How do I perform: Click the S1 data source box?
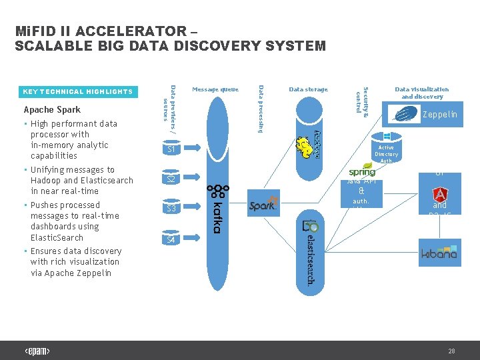pos(171,150)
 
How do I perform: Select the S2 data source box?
pos(171,179)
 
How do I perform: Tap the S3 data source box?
pos(171,209)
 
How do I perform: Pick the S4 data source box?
pos(171,239)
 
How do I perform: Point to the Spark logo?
pos(263,206)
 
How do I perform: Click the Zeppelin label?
pos(440,115)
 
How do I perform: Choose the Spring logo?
pos(362,171)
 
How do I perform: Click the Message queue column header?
pos(215,89)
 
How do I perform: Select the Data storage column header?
pos(308,89)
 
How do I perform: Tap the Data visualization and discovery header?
pos(422,93)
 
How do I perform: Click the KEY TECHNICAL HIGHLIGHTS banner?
pos(78,92)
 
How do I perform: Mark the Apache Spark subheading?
pos(52,110)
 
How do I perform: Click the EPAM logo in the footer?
pos(37,351)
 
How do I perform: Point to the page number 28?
pos(451,351)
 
